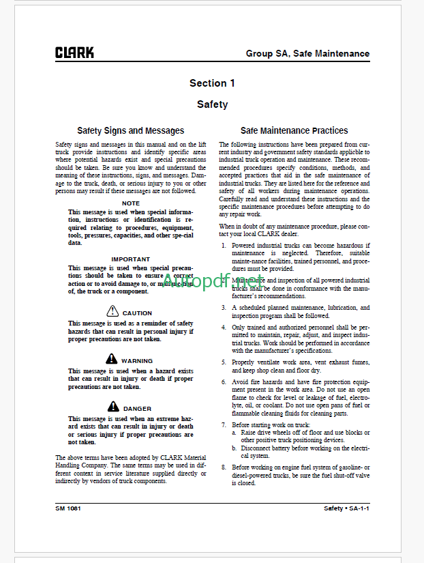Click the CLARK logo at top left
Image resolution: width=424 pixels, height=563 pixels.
[x=75, y=53]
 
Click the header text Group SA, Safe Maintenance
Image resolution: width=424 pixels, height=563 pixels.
[x=307, y=53]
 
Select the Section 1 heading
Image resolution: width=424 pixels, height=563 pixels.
[x=212, y=83]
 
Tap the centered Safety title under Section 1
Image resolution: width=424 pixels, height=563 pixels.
[x=212, y=104]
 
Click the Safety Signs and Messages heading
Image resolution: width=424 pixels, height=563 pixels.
[x=130, y=130]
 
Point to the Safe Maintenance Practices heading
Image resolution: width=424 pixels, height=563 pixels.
[x=294, y=130]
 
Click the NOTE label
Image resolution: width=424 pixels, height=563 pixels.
[x=130, y=203]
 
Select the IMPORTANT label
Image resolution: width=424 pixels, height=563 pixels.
[x=130, y=259]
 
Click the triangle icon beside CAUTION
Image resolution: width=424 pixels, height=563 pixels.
[x=113, y=312]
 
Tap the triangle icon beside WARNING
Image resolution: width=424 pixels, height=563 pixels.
[x=112, y=360]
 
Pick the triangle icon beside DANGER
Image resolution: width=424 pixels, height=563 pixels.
[x=113, y=407]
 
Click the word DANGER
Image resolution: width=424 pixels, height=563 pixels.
[x=138, y=409]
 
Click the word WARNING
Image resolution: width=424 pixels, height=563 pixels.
[x=137, y=361]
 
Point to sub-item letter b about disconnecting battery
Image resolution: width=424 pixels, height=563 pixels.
[x=234, y=448]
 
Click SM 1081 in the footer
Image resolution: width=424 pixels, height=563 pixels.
[x=69, y=508]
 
